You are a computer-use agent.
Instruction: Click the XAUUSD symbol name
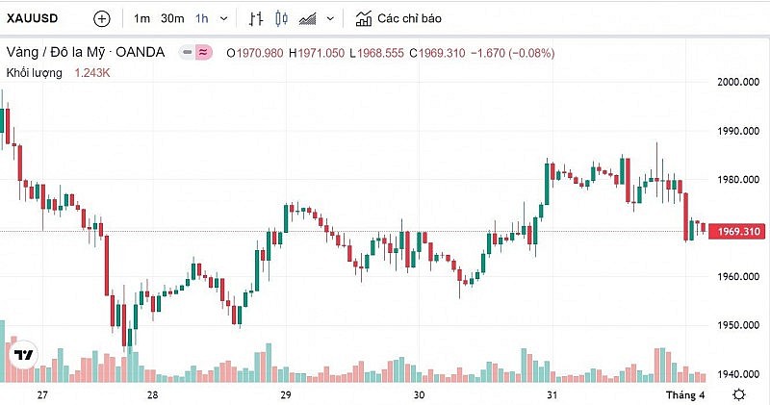point(34,18)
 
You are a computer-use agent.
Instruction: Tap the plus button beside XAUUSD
point(102,18)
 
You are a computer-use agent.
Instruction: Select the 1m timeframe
point(141,18)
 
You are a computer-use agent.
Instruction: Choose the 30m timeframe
point(172,18)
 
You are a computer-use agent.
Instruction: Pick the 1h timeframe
point(201,18)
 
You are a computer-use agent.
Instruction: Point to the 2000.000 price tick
point(739,82)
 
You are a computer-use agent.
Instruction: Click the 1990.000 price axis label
point(739,131)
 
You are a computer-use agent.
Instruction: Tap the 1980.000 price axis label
point(739,179)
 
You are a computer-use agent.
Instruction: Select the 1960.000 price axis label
point(739,277)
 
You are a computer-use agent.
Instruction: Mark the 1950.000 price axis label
point(739,325)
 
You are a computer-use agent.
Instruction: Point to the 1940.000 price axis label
point(739,374)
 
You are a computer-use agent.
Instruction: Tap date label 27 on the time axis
point(42,395)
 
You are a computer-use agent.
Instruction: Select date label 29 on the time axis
point(286,395)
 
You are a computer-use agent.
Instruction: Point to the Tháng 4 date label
point(688,395)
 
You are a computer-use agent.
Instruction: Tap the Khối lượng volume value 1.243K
point(92,72)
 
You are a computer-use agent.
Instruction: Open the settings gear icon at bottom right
point(739,395)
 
